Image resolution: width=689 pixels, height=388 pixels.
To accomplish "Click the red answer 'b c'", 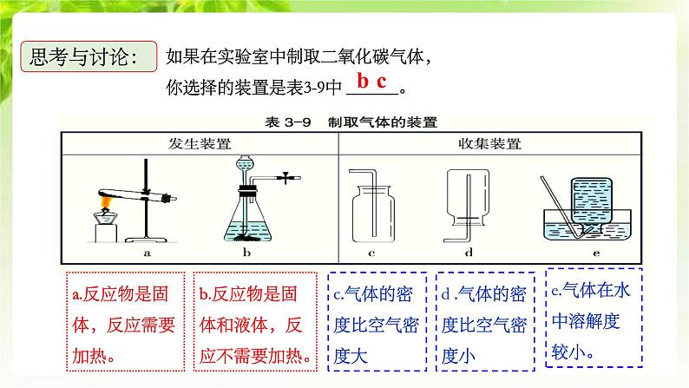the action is pyautogui.click(x=371, y=82).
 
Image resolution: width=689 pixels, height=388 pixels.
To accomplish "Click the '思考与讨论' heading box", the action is pyautogui.click(x=89, y=56).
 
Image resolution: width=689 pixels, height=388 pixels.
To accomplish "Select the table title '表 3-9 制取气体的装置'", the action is pyautogui.click(x=351, y=122).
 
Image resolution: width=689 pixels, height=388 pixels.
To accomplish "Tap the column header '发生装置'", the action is pyautogui.click(x=200, y=144).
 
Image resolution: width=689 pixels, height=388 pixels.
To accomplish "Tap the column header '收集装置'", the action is pyautogui.click(x=489, y=144).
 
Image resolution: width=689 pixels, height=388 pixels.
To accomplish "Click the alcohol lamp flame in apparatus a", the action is pyautogui.click(x=106, y=202).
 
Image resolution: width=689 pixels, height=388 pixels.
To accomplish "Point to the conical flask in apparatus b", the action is pyautogui.click(x=248, y=220).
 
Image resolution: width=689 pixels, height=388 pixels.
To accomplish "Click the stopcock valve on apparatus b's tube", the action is pyautogui.click(x=286, y=178).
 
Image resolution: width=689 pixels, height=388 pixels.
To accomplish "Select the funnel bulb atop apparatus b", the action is pyautogui.click(x=245, y=164).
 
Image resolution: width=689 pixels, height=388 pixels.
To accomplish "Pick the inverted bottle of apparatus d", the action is pyautogui.click(x=468, y=198).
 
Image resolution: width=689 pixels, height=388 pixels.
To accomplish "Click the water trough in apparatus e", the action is pyautogui.click(x=587, y=225).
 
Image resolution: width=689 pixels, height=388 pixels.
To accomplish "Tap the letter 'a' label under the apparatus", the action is pyautogui.click(x=148, y=253).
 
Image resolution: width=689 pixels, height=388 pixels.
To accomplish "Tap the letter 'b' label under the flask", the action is pyautogui.click(x=246, y=253).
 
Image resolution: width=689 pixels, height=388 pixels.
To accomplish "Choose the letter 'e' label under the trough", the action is pyautogui.click(x=596, y=253).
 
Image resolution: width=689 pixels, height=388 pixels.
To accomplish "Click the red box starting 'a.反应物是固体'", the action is pyautogui.click(x=125, y=322).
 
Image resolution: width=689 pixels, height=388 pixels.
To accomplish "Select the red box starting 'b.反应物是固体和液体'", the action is pyautogui.click(x=255, y=322).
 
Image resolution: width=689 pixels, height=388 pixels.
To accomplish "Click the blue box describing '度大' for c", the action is pyautogui.click(x=377, y=322).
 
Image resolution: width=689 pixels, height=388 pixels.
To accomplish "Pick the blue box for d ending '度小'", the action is pyautogui.click(x=485, y=322).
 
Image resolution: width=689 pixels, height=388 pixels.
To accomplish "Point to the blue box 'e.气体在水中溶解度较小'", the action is pyautogui.click(x=594, y=318).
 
